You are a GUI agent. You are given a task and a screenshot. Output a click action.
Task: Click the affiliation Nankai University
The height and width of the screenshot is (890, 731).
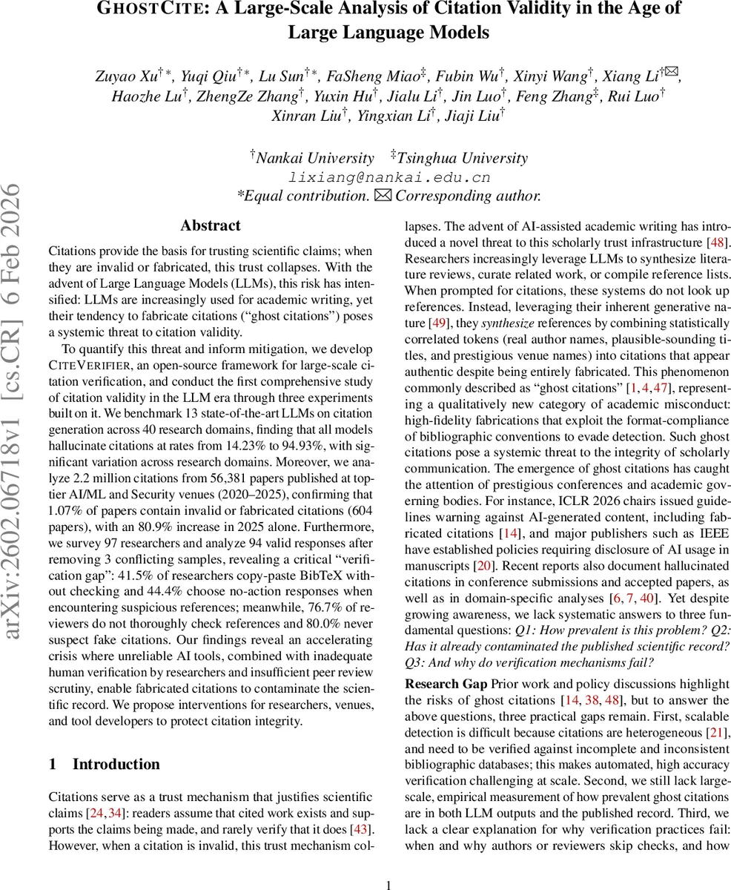(x=314, y=159)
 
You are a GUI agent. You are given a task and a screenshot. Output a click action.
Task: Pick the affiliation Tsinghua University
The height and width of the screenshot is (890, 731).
(x=462, y=159)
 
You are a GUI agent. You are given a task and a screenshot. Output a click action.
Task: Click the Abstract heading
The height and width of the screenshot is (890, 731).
(x=211, y=225)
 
